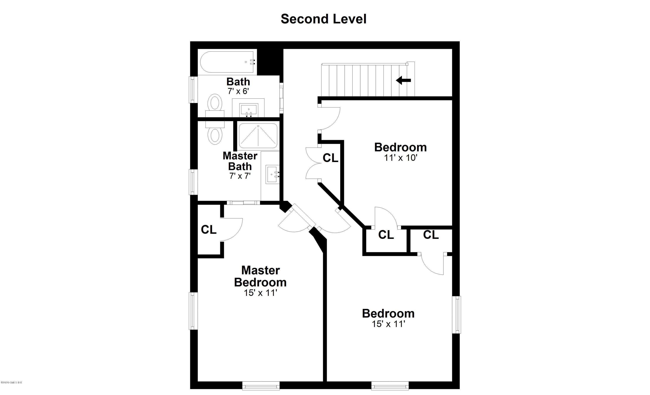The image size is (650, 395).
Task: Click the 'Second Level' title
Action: coord(323,19)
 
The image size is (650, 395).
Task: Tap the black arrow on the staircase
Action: coord(403,80)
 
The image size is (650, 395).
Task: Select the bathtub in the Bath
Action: coord(228,62)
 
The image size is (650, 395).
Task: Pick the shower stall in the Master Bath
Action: coord(258,136)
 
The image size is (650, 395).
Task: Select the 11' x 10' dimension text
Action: coord(400,158)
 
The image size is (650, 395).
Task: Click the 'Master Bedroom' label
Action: coord(260,276)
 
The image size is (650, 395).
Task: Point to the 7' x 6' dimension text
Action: coord(238,91)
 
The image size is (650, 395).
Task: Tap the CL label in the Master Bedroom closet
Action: coord(209,230)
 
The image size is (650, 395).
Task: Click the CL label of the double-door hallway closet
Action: coord(330,158)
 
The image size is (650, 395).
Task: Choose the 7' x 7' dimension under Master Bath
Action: coord(240,176)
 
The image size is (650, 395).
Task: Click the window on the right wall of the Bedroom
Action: coord(457,315)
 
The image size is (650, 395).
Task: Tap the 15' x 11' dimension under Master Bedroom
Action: coord(260,293)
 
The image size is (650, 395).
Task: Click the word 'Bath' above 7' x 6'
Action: coord(238,82)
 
